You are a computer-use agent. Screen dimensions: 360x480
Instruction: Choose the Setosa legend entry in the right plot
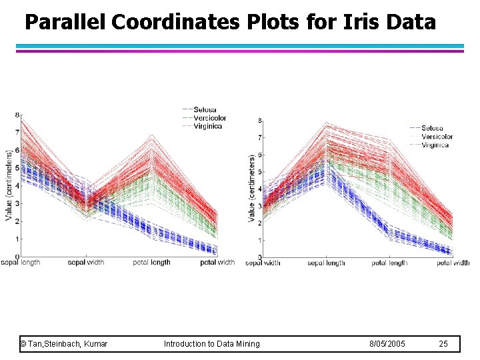pos(432,128)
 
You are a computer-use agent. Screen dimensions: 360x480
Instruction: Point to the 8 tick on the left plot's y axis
pos(17,115)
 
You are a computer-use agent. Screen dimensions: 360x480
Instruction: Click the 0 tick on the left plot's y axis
pos(17,256)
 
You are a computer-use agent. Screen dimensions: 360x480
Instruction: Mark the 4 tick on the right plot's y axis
pos(259,189)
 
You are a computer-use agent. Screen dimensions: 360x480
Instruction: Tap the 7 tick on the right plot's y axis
pos(259,137)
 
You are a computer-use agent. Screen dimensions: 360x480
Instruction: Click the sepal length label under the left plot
pos(21,263)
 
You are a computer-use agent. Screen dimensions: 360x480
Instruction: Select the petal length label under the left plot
pos(151,263)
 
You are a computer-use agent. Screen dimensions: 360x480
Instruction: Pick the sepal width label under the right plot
pos(263,263)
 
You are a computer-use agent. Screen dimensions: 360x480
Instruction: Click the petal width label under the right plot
pos(454,263)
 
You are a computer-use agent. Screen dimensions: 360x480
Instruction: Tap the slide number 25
pos(444,344)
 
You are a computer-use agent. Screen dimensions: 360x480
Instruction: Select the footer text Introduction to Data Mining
pos(212,344)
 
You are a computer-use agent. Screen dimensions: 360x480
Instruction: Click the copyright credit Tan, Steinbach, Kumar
pos(65,344)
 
